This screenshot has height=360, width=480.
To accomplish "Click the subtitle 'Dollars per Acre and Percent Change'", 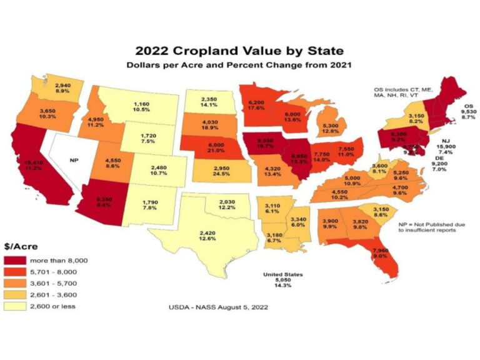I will click(240, 66).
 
